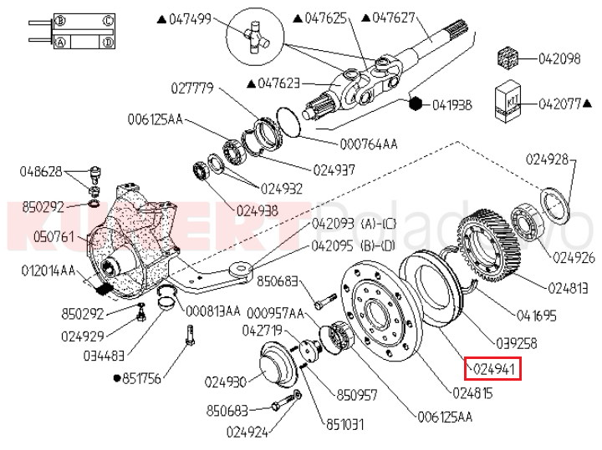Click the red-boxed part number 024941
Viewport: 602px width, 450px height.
(494, 367)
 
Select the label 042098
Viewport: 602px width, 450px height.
(559, 58)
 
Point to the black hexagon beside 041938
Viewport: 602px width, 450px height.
(416, 104)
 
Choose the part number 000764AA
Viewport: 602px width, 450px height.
(367, 144)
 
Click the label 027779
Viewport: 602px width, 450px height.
(193, 87)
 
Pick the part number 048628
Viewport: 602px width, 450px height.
(41, 171)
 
